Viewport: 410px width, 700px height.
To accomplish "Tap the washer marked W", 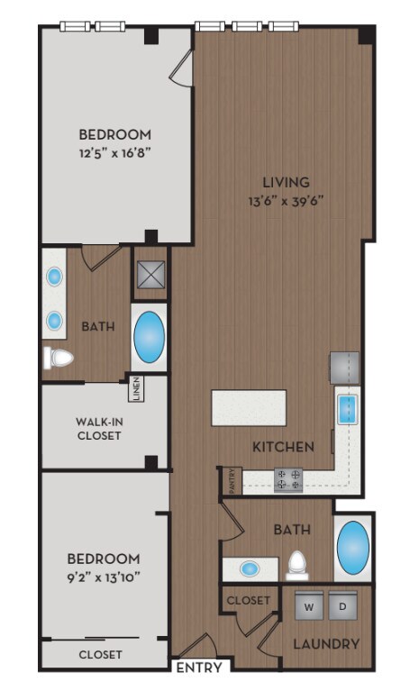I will click(x=308, y=606).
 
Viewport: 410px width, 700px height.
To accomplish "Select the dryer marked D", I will click(x=342, y=606).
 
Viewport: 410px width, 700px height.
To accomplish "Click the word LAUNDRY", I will click(x=327, y=644).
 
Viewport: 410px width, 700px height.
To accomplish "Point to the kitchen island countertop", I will click(x=250, y=407).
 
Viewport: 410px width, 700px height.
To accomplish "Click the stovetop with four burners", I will click(x=287, y=479).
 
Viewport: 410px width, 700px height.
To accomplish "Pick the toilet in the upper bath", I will click(x=59, y=358).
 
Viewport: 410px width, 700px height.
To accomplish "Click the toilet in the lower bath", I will click(x=297, y=566).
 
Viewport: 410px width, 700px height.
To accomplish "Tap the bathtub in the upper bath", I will click(x=150, y=337).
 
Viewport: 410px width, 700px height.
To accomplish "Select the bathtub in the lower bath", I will click(x=352, y=549).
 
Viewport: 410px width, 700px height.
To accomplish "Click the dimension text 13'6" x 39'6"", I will click(x=286, y=201).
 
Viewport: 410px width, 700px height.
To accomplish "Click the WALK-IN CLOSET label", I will click(x=99, y=427).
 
